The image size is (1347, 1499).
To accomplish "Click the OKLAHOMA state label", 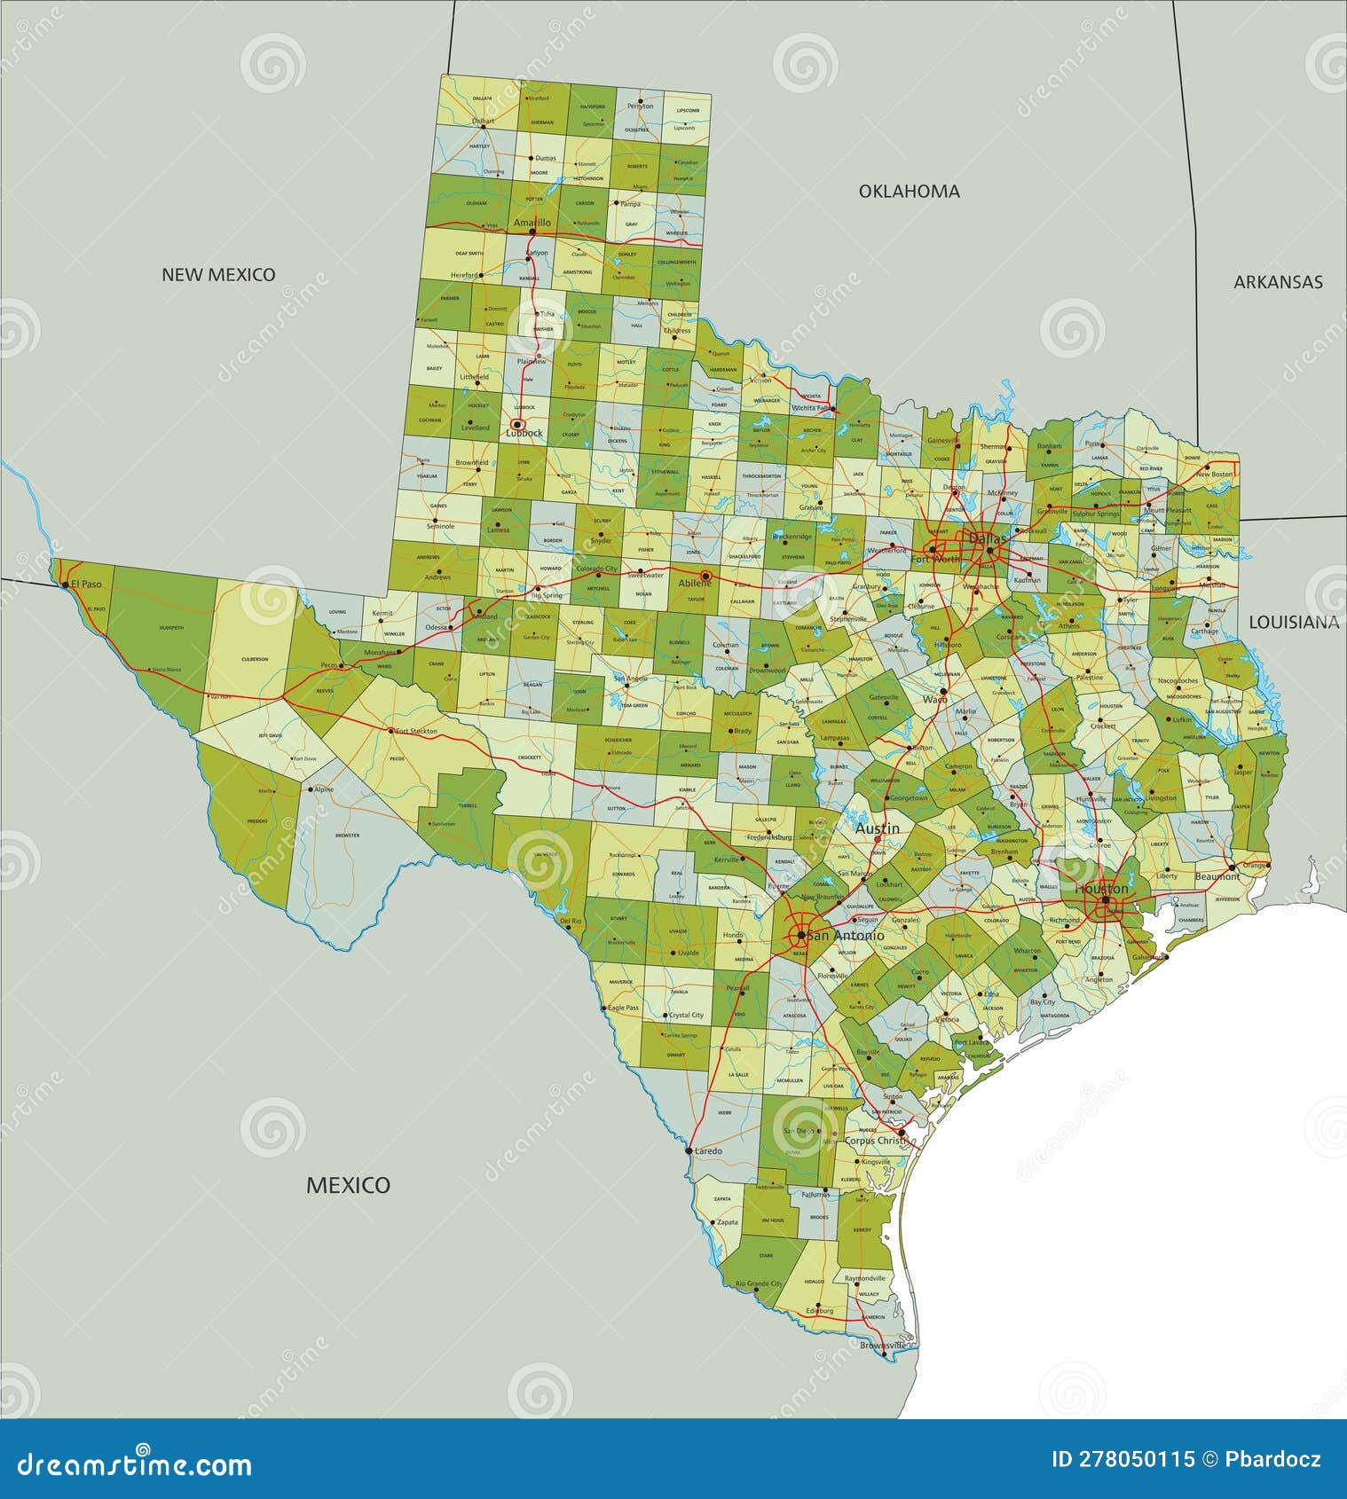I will click(x=909, y=191).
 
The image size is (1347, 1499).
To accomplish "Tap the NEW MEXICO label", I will click(x=218, y=275).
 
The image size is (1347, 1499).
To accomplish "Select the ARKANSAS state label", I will click(x=1278, y=282).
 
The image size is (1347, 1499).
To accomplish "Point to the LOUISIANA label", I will click(x=1294, y=623).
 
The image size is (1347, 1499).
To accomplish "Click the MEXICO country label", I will click(x=348, y=1185).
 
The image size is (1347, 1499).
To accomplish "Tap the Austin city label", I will click(x=877, y=828).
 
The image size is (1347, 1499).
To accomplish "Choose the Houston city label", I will click(x=1101, y=888).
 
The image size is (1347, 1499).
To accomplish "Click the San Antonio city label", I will click(x=846, y=936).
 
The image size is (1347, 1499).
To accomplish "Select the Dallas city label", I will click(x=988, y=538).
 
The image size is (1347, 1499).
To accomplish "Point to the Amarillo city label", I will click(x=532, y=223).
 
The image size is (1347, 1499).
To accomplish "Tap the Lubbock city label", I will click(x=524, y=433).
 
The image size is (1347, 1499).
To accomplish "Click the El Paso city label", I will click(x=87, y=584).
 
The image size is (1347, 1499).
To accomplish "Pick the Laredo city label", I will click(x=708, y=1150).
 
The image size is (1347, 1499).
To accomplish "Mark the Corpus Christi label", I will click(x=877, y=1141).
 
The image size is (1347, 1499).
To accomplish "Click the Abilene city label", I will click(x=695, y=583).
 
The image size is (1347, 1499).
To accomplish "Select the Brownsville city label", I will click(x=883, y=1345).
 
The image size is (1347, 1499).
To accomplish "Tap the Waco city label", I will click(x=935, y=699).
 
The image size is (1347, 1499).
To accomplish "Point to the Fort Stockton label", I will click(x=416, y=731).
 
